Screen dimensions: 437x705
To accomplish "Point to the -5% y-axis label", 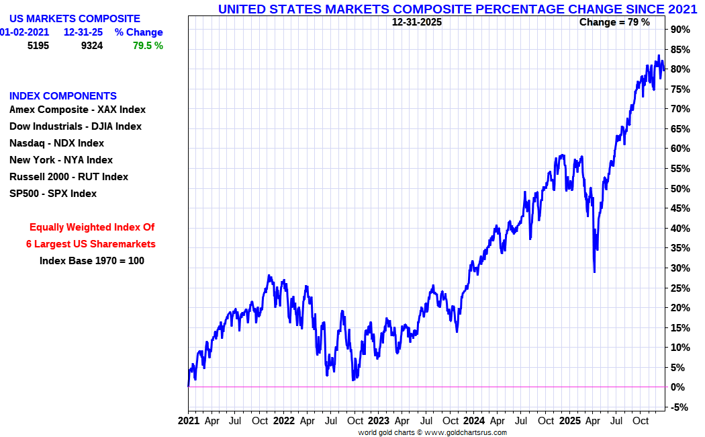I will (679, 407).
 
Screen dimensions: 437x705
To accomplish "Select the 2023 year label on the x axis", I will (378, 421).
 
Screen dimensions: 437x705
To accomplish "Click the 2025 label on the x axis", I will (569, 421).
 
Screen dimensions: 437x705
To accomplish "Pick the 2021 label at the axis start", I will (189, 421).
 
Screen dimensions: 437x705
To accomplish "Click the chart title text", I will (457, 9).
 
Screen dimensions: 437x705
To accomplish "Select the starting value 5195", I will (38, 46).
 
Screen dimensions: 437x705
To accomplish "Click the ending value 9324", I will (91, 46).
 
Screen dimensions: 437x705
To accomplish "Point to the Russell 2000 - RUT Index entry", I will (68, 177).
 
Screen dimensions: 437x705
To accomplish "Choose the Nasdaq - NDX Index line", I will (56, 143).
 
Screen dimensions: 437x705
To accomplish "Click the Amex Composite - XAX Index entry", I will (77, 110).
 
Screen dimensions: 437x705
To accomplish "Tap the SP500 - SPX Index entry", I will (53, 194).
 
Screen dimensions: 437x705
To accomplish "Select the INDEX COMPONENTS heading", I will (63, 95).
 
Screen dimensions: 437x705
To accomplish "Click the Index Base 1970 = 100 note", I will (92, 261).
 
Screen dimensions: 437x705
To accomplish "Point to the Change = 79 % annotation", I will (614, 22).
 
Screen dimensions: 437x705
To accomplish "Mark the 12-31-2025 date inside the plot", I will (417, 22).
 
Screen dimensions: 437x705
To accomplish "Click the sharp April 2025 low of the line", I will (594, 272).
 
